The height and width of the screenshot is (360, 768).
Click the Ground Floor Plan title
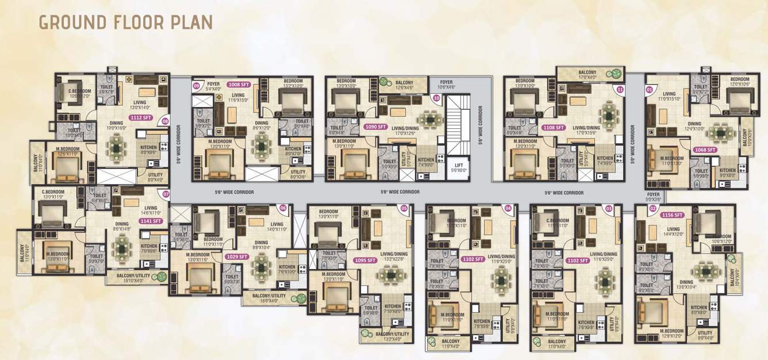point(125,22)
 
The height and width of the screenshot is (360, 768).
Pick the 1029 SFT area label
point(237,256)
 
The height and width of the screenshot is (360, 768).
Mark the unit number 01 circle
point(650,90)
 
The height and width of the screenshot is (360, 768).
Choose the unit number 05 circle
point(404,208)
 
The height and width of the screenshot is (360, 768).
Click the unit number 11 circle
point(620,90)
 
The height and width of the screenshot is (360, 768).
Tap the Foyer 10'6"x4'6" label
point(446,85)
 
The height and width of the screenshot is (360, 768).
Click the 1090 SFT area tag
point(377,127)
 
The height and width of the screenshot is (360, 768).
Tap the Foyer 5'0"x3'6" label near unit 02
point(654,197)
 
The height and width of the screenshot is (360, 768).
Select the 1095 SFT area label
point(364,260)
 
